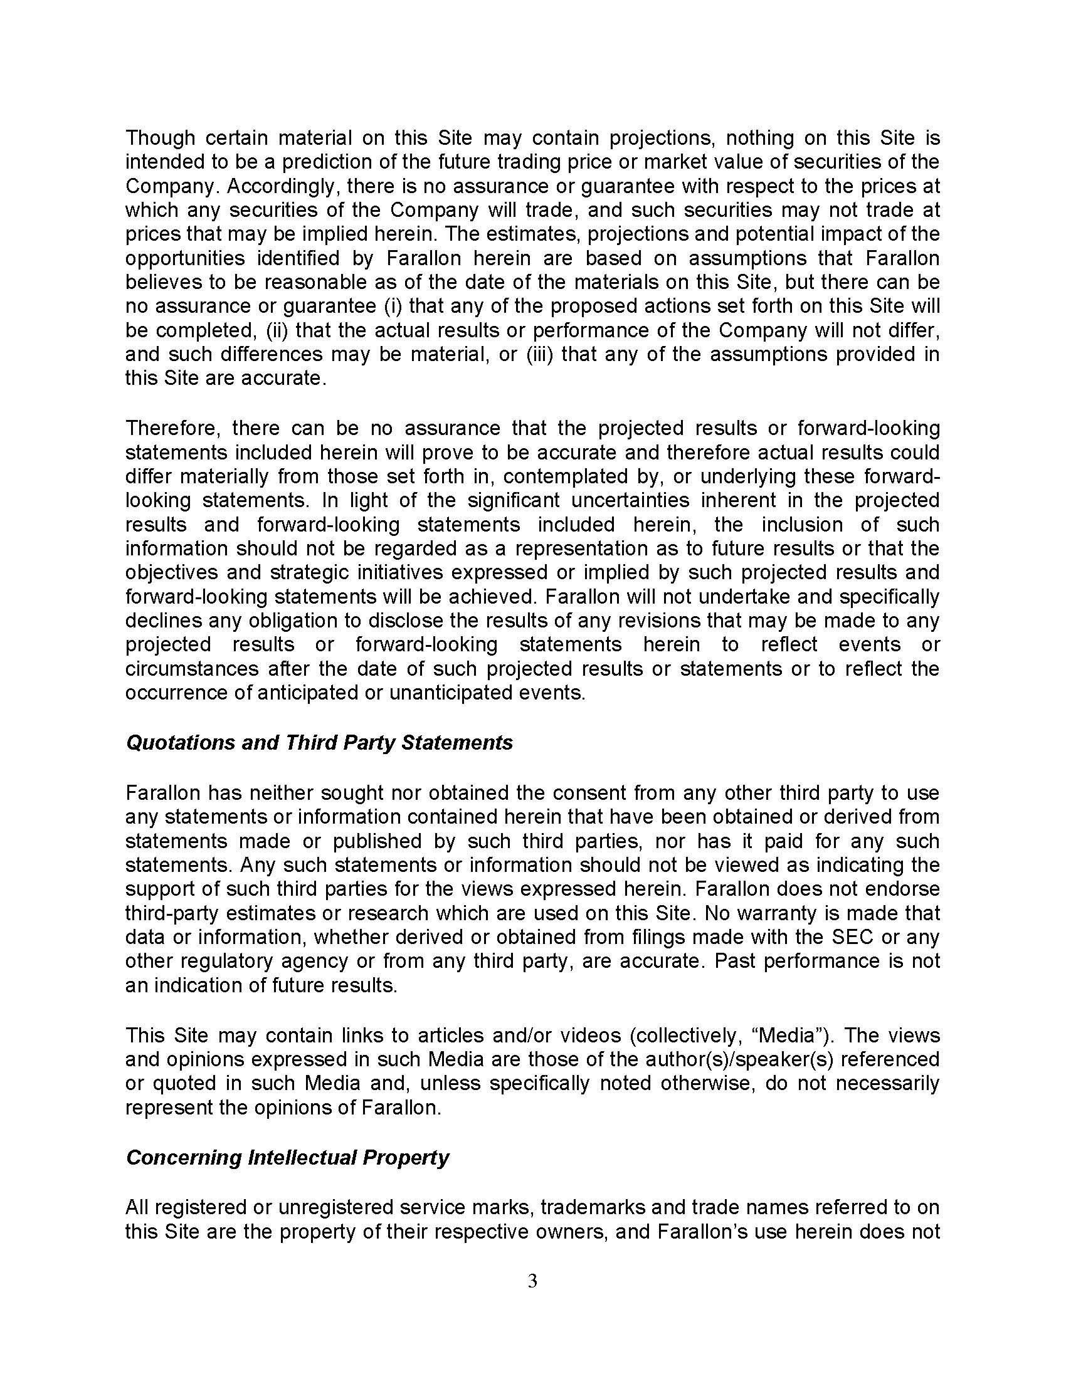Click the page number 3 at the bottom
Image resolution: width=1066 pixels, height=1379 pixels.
532,1281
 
